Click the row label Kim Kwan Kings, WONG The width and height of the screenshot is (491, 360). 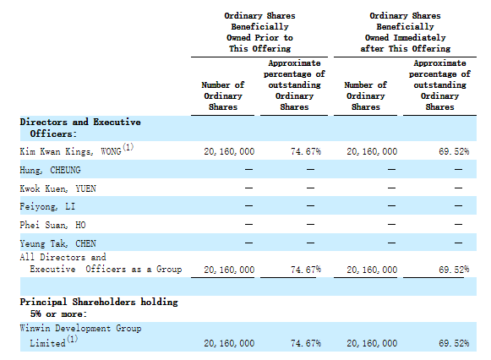(x=70, y=151)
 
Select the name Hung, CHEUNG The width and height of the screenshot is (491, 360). (x=50, y=170)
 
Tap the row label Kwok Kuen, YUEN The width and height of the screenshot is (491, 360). (x=58, y=188)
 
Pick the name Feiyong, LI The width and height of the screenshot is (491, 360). (x=47, y=206)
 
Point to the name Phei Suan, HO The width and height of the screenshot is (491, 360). (x=52, y=225)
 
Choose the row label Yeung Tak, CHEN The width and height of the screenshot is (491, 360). (x=58, y=243)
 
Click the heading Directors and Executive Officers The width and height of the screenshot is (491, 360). (x=80, y=128)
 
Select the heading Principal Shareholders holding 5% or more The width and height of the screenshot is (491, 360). (x=99, y=308)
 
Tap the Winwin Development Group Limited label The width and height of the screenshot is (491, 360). (x=80, y=335)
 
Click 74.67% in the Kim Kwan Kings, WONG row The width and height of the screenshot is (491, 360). (x=306, y=151)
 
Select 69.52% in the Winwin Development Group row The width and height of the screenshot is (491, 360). (x=454, y=343)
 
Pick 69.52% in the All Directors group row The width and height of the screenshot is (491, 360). (x=454, y=270)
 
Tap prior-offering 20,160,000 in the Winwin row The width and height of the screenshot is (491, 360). (x=229, y=343)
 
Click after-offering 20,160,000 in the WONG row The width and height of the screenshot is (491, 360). (x=372, y=151)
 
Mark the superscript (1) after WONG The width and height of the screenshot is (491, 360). (x=128, y=146)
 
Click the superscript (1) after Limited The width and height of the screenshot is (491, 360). (x=73, y=339)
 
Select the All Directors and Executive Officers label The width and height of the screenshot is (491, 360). (x=101, y=264)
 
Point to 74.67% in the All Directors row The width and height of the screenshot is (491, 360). (x=306, y=270)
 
